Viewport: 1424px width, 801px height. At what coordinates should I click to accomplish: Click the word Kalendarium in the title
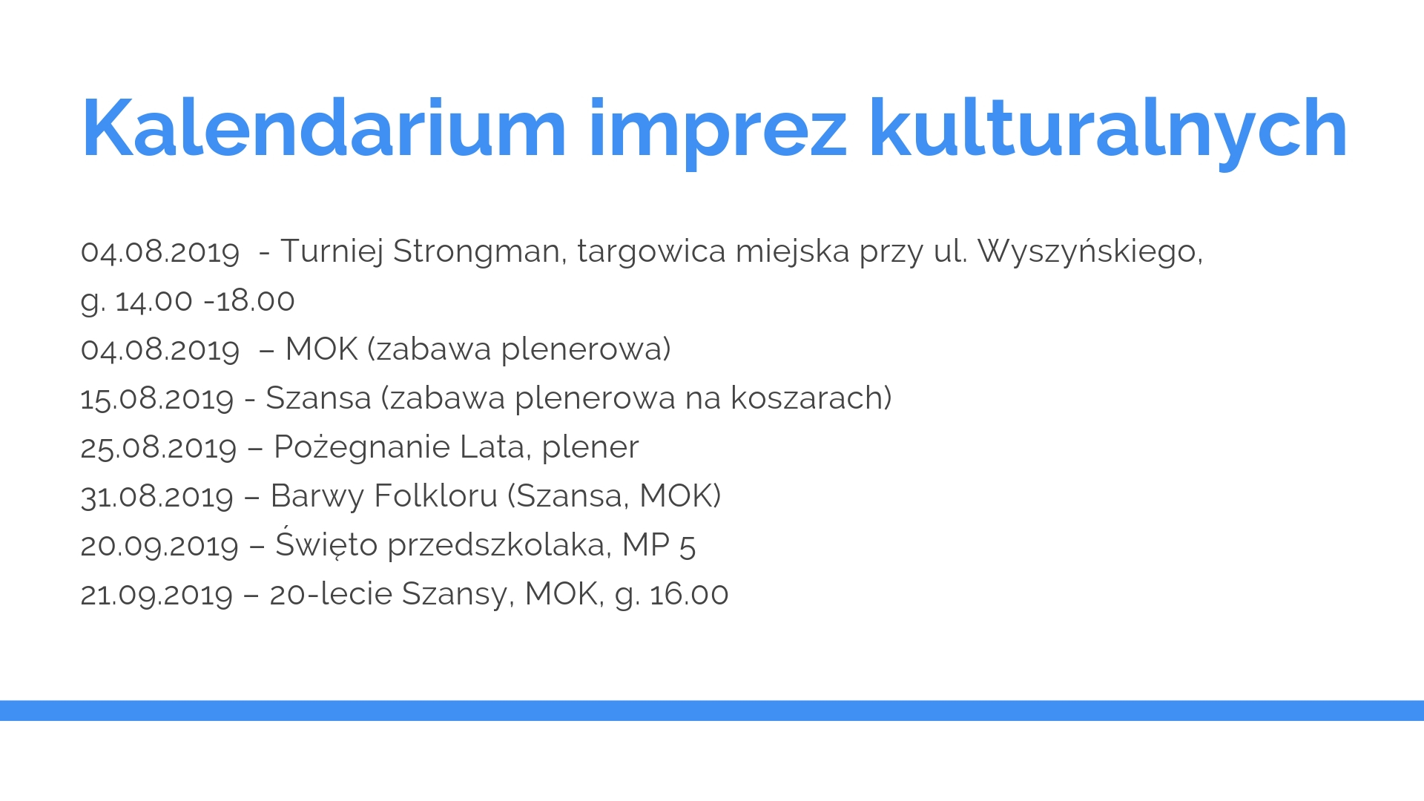click(x=324, y=128)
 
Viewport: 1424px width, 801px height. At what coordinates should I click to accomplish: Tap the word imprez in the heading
click(x=717, y=133)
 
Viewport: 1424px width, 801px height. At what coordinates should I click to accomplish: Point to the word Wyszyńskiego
click(x=1090, y=252)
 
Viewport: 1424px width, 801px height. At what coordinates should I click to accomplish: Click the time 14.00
click(x=154, y=300)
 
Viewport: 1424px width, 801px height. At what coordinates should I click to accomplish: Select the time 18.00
click(x=256, y=300)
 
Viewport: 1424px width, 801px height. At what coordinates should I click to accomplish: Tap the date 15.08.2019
click(x=156, y=398)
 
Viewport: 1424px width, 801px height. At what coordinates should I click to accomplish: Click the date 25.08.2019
click(x=158, y=447)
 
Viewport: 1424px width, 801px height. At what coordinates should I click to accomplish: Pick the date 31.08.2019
click(x=156, y=496)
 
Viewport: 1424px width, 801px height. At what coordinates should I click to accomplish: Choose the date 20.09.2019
click(x=159, y=545)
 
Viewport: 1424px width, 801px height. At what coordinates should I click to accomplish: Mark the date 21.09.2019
click(x=156, y=594)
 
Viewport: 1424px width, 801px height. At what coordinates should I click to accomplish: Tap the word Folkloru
click(x=436, y=495)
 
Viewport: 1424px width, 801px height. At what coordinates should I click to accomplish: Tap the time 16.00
click(x=689, y=594)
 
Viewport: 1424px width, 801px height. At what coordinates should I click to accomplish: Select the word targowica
click(x=651, y=252)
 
